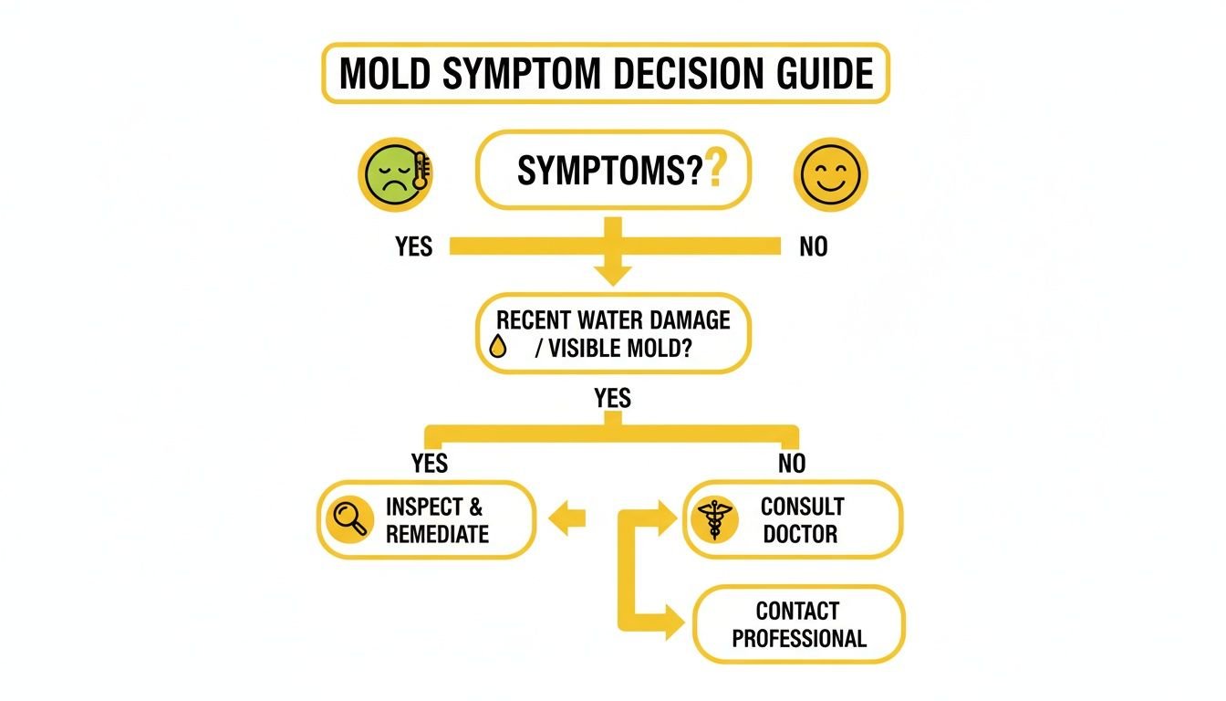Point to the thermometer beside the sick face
(421, 171)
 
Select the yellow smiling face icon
(830, 174)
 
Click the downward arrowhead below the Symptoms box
(612, 271)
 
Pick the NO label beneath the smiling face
(813, 247)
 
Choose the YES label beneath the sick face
(413, 247)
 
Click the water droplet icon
(498, 347)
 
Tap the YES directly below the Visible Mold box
(612, 399)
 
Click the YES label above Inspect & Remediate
(429, 463)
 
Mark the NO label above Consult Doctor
(792, 464)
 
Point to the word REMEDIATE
(437, 534)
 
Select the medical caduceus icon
(713, 520)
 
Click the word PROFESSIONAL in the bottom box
(799, 638)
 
